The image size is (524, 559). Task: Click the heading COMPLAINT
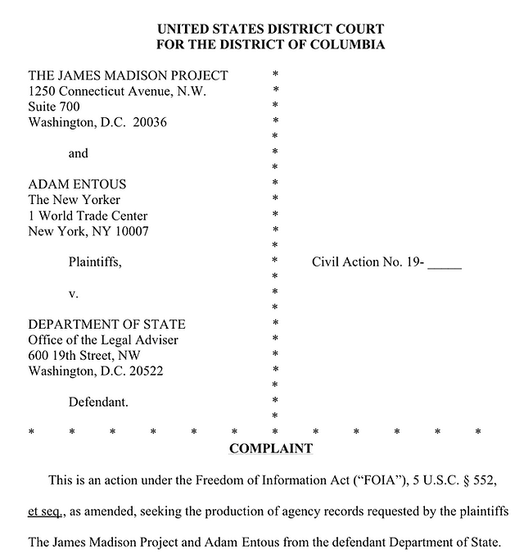pyautogui.click(x=270, y=448)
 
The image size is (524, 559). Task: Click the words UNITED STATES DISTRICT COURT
pyautogui.click(x=270, y=30)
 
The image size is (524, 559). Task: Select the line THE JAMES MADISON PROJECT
pyautogui.click(x=129, y=75)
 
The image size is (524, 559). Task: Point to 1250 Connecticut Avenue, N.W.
pyautogui.click(x=117, y=91)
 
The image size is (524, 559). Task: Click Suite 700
pyautogui.click(x=55, y=107)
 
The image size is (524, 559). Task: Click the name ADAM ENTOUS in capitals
pyautogui.click(x=78, y=184)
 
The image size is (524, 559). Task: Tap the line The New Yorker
pyautogui.click(x=75, y=200)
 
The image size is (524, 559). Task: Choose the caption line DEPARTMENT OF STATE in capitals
pyautogui.click(x=106, y=325)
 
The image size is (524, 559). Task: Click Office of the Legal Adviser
pyautogui.click(x=103, y=340)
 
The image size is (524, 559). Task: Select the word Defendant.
pyautogui.click(x=98, y=402)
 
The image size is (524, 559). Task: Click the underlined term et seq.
pyautogui.click(x=44, y=511)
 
